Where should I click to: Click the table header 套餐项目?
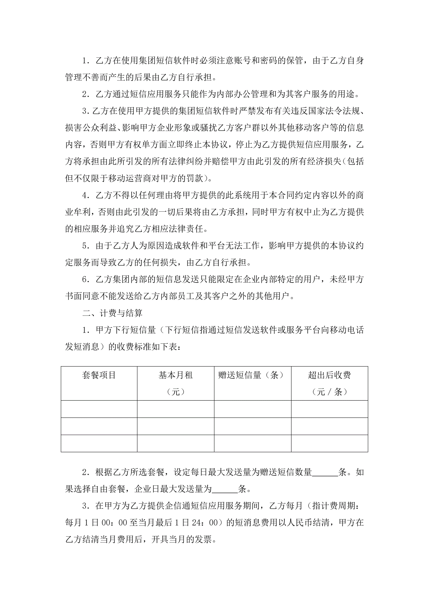pos(99,375)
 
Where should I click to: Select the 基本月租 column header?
pos(175,375)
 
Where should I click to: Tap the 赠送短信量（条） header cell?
pos(252,375)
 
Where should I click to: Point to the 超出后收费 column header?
pos(330,375)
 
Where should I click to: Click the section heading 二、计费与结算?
pos(112,313)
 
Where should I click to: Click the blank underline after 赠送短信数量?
pos(325,472)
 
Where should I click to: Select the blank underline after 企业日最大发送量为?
pos(225,489)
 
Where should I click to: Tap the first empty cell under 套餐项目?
pos(99,409)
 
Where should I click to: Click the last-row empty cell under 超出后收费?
pos(330,443)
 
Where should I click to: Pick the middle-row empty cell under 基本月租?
pos(175,426)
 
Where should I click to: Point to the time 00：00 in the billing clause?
pos(114,523)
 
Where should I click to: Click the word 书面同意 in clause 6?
pos(82,296)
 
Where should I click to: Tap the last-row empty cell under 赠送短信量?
pos(252,443)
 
